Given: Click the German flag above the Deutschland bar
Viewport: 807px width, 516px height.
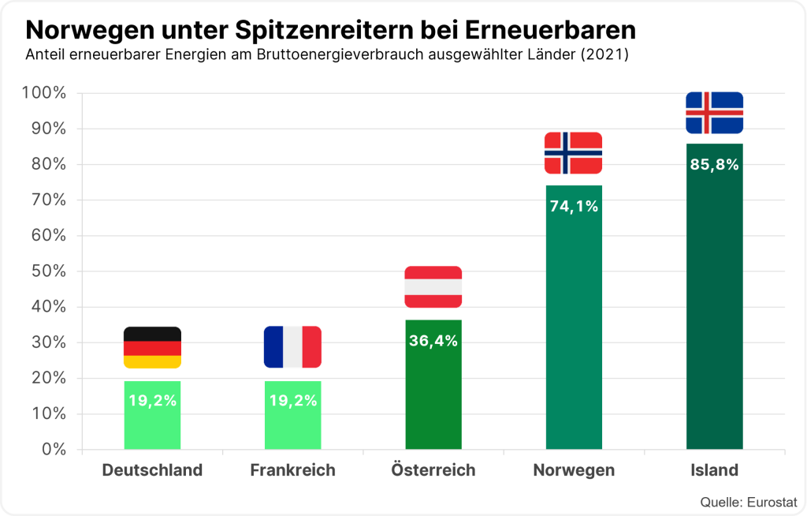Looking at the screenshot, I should coord(152,347).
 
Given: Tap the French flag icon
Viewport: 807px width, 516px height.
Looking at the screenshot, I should coord(292,347).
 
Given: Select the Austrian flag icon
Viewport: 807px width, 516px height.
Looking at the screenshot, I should coord(433,287).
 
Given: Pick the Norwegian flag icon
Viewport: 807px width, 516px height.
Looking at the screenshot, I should coord(574,153).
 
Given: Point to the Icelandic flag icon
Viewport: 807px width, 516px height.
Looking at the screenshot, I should coord(714,113).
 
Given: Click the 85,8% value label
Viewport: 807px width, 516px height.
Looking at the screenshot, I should coord(714,165).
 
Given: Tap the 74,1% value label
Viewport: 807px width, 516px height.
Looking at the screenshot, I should coord(574,207).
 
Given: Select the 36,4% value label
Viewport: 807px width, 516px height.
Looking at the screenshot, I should coord(433,342).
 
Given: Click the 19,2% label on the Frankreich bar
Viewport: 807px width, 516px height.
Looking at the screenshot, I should coord(292,401).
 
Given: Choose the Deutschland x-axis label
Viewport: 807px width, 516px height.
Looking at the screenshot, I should coord(152,470).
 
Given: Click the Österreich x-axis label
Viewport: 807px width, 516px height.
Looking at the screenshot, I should coord(433,470).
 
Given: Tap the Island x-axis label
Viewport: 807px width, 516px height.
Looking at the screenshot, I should coord(714,470).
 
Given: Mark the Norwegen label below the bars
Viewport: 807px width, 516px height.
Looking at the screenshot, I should coord(574,470).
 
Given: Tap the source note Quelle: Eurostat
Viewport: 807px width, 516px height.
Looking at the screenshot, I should coord(749,502).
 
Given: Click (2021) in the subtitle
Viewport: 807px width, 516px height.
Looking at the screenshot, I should coord(605,56).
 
